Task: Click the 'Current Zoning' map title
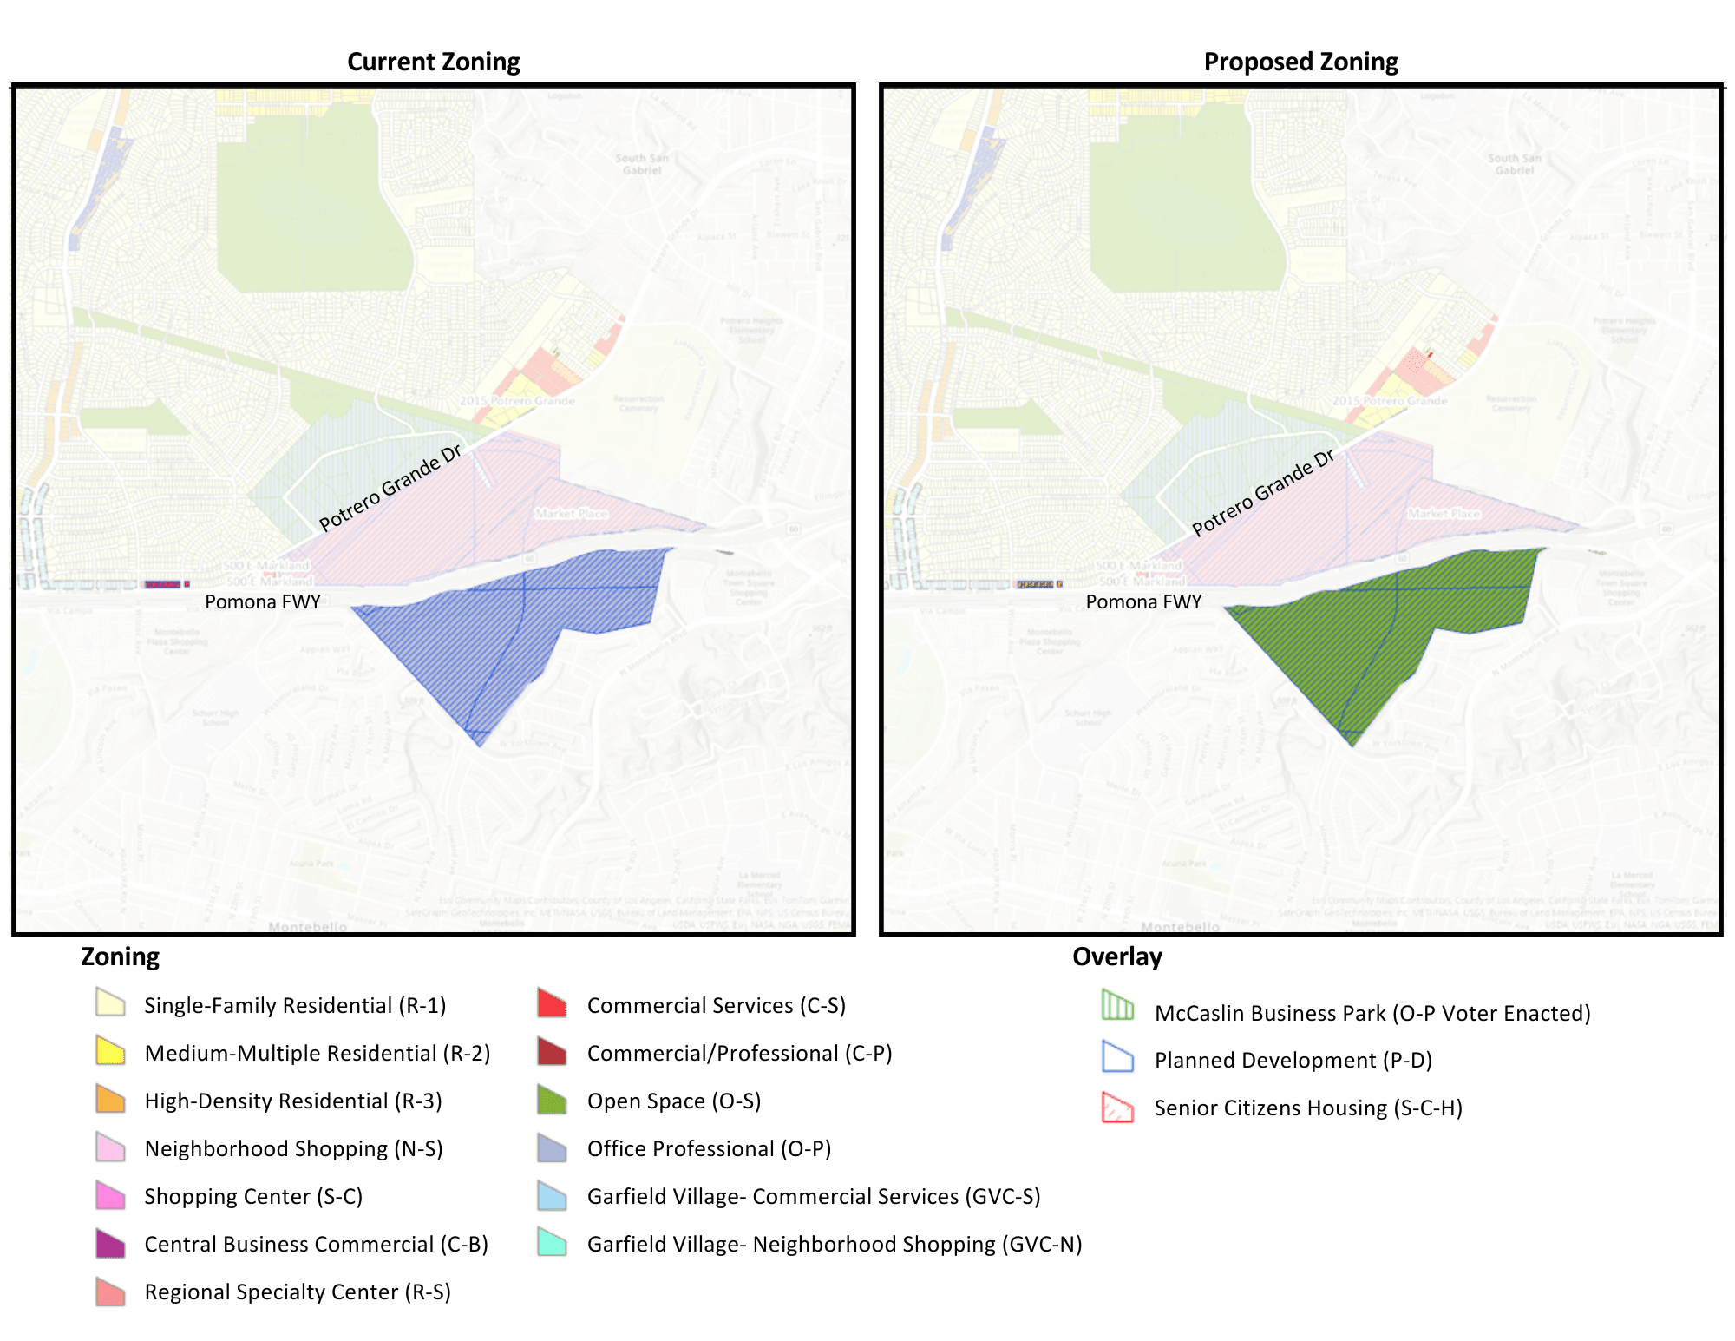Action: tap(433, 62)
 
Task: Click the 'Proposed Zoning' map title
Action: tap(1300, 62)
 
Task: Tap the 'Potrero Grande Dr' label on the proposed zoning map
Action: tap(1263, 493)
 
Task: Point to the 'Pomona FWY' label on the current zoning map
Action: tap(263, 601)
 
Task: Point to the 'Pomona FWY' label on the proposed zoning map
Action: tap(1143, 601)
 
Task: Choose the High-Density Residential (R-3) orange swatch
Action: tap(110, 1099)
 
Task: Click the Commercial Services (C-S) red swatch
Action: tap(552, 1003)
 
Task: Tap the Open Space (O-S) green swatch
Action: tap(552, 1100)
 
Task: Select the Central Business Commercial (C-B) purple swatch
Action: tap(110, 1243)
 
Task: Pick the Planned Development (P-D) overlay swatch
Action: tap(1117, 1056)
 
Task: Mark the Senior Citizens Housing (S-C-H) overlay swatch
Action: tap(1117, 1108)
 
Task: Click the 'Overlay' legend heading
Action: tap(1116, 956)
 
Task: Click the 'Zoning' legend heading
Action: tap(120, 956)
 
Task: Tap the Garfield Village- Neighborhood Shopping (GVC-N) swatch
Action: tap(552, 1243)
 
